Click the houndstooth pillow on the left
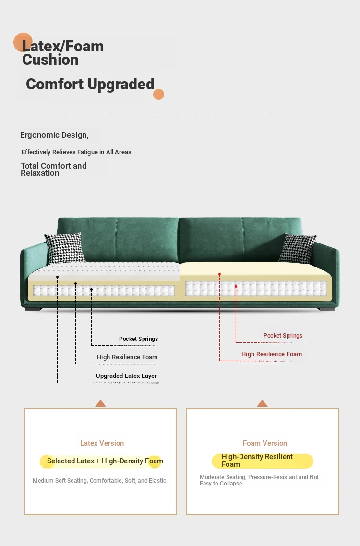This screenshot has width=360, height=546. [65, 248]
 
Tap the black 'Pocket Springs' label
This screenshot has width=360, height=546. [138, 339]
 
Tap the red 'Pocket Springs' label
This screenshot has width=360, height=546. [283, 335]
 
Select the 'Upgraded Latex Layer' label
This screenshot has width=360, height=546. [126, 376]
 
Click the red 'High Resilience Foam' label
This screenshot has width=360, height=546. [272, 354]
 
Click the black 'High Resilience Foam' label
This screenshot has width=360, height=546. [127, 357]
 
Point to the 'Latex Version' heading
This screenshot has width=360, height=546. [102, 443]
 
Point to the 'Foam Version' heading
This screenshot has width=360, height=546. [265, 443]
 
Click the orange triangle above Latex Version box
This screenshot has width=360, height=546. [101, 403]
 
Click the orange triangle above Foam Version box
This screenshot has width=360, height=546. [262, 403]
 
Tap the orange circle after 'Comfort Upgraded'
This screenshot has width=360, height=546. [159, 95]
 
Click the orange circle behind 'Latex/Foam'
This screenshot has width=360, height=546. [23, 42]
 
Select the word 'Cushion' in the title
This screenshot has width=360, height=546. [50, 60]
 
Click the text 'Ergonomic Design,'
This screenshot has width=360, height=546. [54, 135]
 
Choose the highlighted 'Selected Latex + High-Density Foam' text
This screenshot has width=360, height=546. [105, 461]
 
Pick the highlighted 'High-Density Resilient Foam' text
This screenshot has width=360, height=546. [257, 461]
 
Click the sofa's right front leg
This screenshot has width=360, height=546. [326, 309]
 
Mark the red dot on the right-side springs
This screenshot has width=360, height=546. [236, 287]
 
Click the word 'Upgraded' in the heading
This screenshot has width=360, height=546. [121, 85]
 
